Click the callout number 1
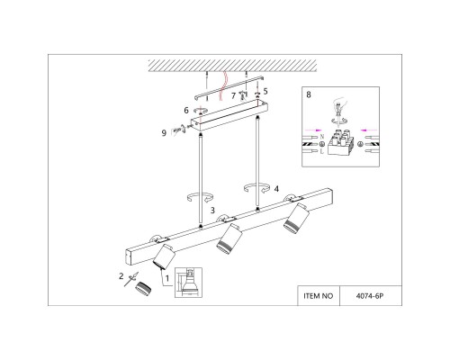(x=167, y=278)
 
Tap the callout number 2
(x=121, y=275)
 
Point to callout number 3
(x=212, y=211)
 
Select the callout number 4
(x=276, y=189)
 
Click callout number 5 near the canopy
(x=265, y=91)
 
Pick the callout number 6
(x=186, y=111)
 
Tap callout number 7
(x=233, y=96)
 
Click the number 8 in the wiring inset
(x=309, y=94)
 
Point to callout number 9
(x=164, y=133)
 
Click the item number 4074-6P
(x=370, y=296)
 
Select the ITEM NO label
(x=319, y=296)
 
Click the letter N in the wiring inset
(x=322, y=137)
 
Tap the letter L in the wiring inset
(x=322, y=151)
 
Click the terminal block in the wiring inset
(x=342, y=142)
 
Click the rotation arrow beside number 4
(x=256, y=188)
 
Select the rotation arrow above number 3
(x=200, y=197)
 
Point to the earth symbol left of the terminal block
(x=323, y=144)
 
